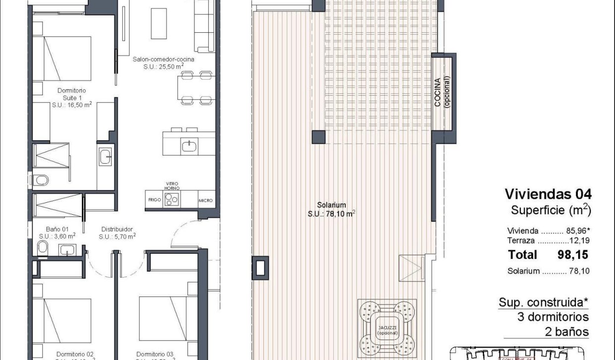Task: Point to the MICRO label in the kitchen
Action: (x=206, y=200)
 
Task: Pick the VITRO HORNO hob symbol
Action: (x=172, y=199)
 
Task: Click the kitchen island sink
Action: (x=189, y=145)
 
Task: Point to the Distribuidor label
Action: (x=117, y=233)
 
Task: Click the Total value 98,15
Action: (x=574, y=255)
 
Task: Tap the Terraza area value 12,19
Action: (x=580, y=241)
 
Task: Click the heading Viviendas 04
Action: (x=548, y=193)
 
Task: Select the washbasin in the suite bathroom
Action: (x=106, y=157)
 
